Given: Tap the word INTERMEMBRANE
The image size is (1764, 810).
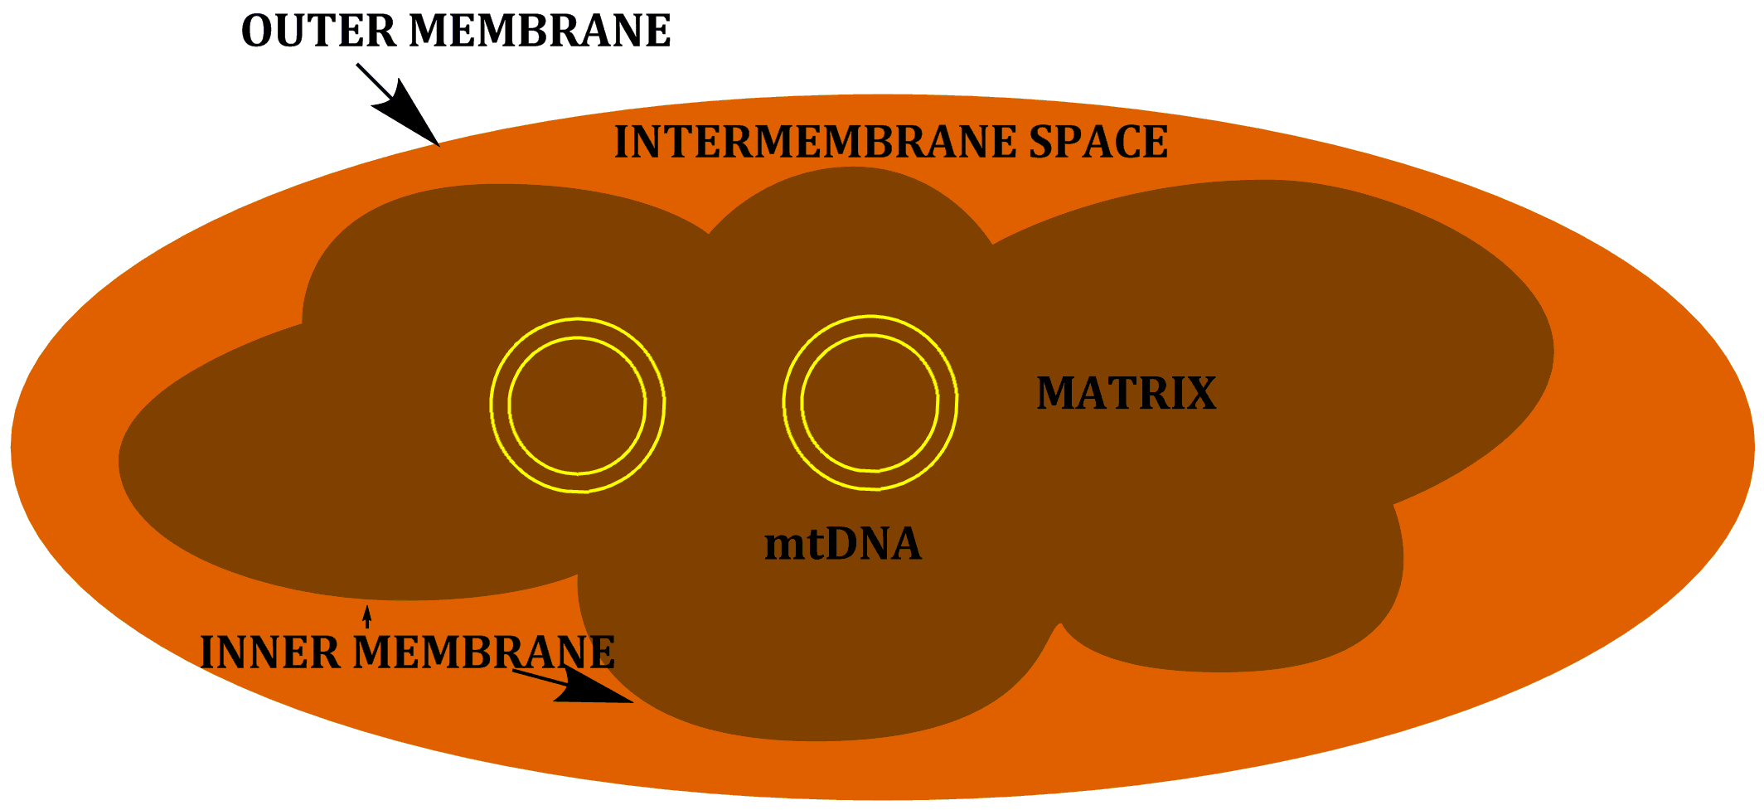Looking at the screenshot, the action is coord(815,142).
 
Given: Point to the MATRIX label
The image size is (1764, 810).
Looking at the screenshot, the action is coord(1127,393).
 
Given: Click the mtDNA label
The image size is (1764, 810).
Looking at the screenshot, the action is coord(843,545).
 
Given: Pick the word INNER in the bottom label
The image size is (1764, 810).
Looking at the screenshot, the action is coord(270,652).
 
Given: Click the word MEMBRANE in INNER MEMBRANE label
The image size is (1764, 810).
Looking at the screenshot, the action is coord(484,652).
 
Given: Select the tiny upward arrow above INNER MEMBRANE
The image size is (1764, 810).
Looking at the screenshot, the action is coord(367,617).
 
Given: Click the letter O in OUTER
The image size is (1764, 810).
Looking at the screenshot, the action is coord(257,31).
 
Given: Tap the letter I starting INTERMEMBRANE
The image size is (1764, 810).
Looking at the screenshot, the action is coord(623,142).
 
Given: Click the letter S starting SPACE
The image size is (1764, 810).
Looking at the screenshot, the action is coord(1042,142).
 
